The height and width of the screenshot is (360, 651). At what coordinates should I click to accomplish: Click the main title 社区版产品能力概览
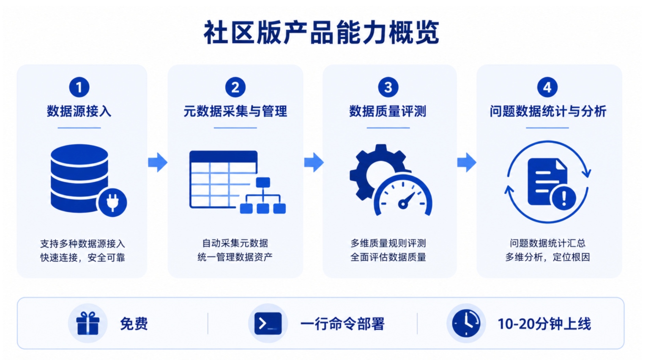[321, 33]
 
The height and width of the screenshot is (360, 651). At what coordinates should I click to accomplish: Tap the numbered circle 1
[79, 87]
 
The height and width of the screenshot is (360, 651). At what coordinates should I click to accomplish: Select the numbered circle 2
[235, 87]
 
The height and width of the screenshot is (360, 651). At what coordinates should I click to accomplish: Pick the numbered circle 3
[388, 87]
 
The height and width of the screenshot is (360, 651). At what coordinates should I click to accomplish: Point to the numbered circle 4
[547, 87]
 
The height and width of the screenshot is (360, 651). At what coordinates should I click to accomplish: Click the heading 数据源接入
[79, 112]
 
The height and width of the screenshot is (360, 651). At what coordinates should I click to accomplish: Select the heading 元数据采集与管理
[235, 112]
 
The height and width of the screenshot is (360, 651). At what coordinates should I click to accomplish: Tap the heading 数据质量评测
[388, 112]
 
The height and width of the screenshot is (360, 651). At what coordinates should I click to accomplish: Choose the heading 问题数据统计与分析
[548, 112]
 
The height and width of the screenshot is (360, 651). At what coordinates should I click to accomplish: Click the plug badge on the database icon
[113, 202]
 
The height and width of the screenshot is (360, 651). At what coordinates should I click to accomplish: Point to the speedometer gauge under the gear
[403, 195]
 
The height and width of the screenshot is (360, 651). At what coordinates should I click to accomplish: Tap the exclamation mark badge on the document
[564, 198]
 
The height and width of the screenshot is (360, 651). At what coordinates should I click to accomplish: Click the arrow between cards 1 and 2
[158, 162]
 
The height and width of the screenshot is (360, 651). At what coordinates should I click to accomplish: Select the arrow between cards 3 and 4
[467, 162]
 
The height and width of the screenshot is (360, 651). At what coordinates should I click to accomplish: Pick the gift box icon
[88, 323]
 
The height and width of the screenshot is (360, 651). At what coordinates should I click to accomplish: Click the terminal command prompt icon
[268, 323]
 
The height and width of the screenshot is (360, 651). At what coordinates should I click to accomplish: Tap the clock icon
[466, 323]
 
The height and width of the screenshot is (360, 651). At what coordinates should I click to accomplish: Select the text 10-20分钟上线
[544, 324]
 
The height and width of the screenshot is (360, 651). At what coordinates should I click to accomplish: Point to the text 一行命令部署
[342, 324]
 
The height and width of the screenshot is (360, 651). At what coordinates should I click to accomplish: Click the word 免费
[134, 324]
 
